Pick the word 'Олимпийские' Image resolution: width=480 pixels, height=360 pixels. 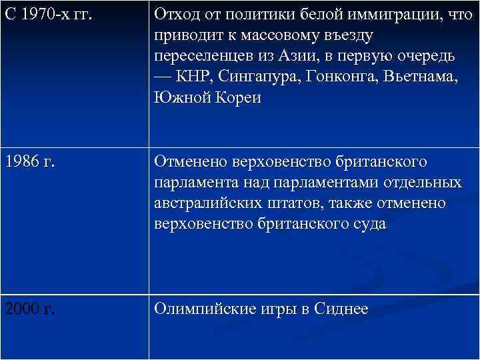[x=205, y=309]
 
